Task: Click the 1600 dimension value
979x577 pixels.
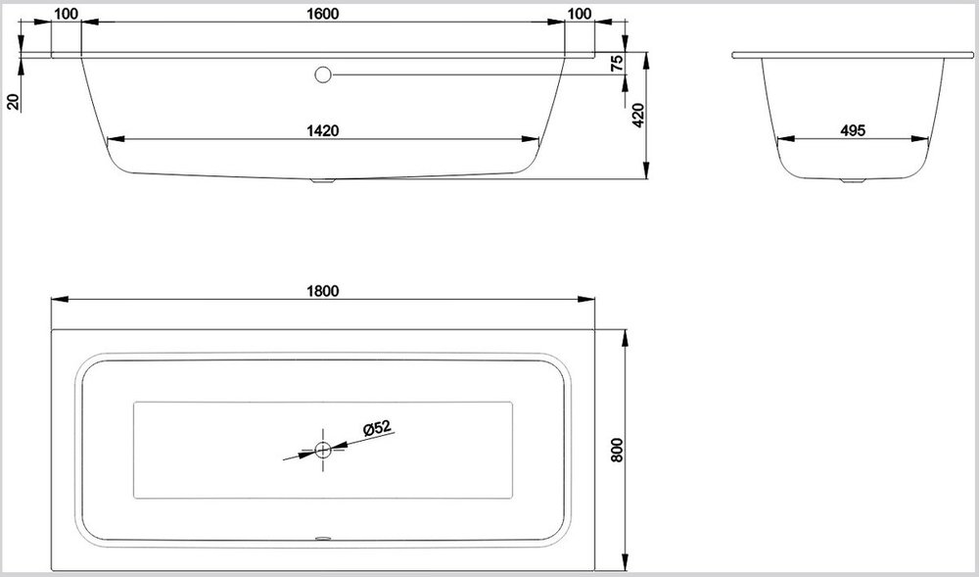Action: tap(323, 14)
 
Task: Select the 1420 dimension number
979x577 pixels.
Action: tap(323, 130)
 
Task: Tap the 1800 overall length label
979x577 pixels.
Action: tap(323, 291)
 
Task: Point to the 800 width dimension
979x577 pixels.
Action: tap(617, 450)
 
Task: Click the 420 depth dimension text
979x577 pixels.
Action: tap(638, 116)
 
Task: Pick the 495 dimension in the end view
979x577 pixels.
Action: tap(853, 130)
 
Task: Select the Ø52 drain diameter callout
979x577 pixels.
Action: tap(377, 428)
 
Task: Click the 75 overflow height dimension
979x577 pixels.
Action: tap(617, 63)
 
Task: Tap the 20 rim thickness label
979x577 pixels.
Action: tap(13, 101)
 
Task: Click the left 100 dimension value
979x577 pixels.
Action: tap(67, 14)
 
